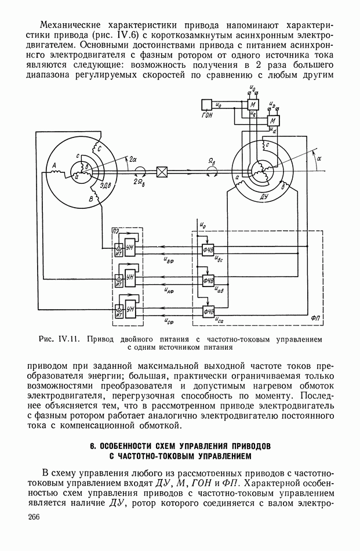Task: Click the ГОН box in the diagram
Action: (x=206, y=105)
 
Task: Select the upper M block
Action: (x=253, y=104)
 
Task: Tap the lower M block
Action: (x=273, y=121)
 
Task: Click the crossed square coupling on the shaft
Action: (x=162, y=172)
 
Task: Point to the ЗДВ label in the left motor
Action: (x=104, y=185)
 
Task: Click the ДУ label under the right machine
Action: (x=264, y=196)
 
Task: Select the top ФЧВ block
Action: (x=208, y=249)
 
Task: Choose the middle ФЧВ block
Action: (x=208, y=280)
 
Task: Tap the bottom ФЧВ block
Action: (x=208, y=311)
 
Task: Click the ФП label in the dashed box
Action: (x=315, y=318)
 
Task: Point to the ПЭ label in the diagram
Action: (x=115, y=231)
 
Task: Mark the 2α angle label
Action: (x=133, y=158)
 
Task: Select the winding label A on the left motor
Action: (x=54, y=165)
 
